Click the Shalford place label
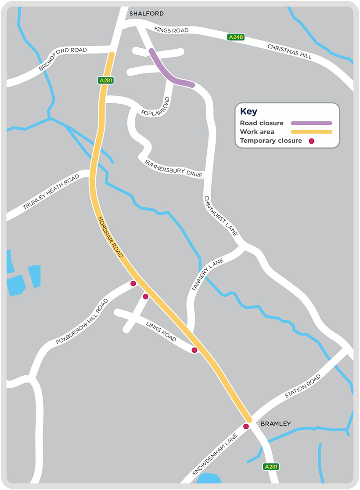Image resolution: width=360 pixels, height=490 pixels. tap(146, 14)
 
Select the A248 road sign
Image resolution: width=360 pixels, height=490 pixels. tap(236, 38)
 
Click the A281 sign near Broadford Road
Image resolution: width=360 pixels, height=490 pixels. tap(104, 80)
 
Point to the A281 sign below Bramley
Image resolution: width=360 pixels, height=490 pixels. tap(271, 467)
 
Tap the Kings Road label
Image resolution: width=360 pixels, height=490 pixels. tap(172, 30)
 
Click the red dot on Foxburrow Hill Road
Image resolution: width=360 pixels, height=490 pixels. tap(133, 283)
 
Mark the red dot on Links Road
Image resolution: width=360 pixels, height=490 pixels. tap(194, 350)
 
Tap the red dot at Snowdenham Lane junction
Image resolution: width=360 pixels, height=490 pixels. tap(246, 426)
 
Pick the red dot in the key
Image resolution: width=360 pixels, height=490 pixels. tap(312, 141)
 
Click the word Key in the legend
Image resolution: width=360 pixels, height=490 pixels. tap(249, 111)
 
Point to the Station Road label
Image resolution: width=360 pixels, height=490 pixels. tap(302, 387)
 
